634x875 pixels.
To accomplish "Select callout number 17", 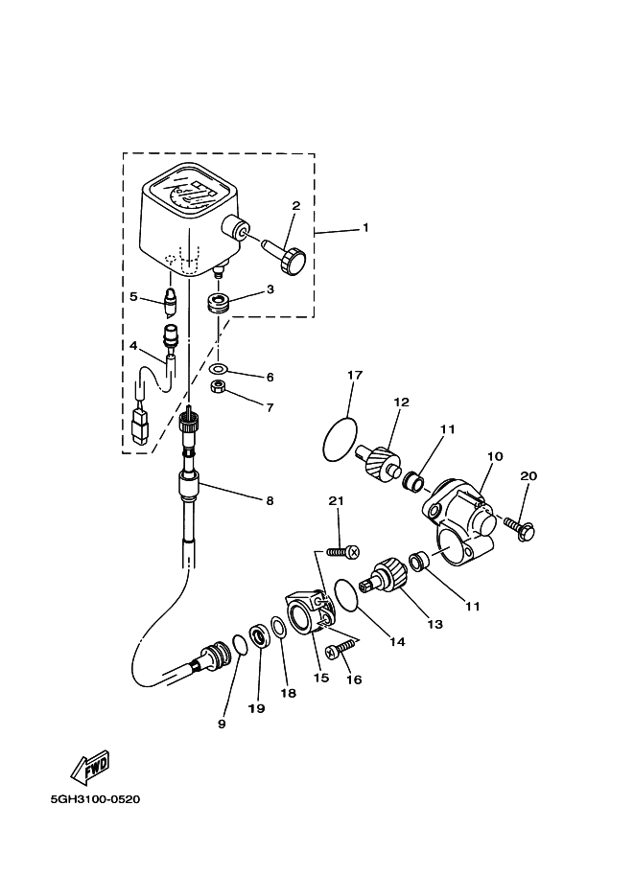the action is tap(354, 375).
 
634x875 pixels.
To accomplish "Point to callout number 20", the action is tap(528, 476).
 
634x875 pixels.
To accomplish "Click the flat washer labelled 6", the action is tap(219, 369).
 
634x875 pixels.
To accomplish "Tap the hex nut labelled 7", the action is tap(218, 388).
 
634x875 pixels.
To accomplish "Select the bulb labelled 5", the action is tap(170, 303).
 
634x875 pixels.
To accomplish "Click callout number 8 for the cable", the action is tap(270, 500).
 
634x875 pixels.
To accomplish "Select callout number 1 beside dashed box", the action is tap(364, 228).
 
